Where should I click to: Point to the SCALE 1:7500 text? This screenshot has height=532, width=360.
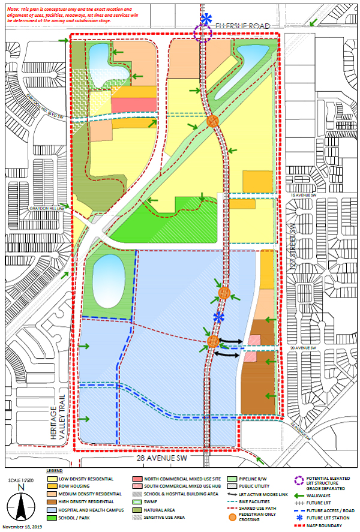[x=22, y=481]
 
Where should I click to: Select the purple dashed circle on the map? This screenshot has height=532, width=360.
[x=203, y=34]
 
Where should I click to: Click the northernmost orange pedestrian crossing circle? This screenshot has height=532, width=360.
[x=212, y=121]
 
